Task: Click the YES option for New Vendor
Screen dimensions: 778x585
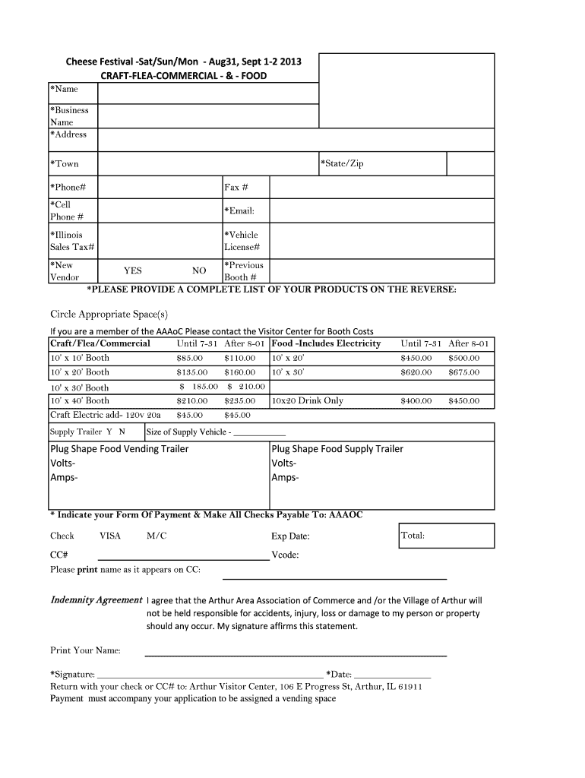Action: [x=133, y=270]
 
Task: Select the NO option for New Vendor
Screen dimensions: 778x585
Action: [x=199, y=270]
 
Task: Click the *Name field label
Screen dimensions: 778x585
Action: [x=64, y=89]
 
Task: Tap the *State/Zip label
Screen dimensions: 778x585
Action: [x=343, y=163]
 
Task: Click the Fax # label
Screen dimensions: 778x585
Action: [x=236, y=187]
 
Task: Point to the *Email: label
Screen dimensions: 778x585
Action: [x=239, y=210]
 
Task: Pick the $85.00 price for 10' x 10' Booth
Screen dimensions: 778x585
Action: [x=189, y=358]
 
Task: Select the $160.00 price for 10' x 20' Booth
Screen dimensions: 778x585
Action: [x=239, y=372]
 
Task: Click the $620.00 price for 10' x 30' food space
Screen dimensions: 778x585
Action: [x=416, y=372]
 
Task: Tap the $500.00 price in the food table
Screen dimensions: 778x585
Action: [x=463, y=358]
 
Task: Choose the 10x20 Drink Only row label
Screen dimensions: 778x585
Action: [x=307, y=400]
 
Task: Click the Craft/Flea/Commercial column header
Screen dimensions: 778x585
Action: [x=100, y=343]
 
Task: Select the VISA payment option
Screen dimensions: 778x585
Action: [x=110, y=536]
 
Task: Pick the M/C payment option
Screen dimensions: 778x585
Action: [x=157, y=536]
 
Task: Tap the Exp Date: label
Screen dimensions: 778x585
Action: [x=290, y=536]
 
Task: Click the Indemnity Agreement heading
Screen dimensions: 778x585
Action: [x=96, y=599]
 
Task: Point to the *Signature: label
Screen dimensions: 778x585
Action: [x=72, y=674]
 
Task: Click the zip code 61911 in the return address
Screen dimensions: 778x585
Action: [x=409, y=686]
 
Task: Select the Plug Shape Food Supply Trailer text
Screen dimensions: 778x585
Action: [x=337, y=449]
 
